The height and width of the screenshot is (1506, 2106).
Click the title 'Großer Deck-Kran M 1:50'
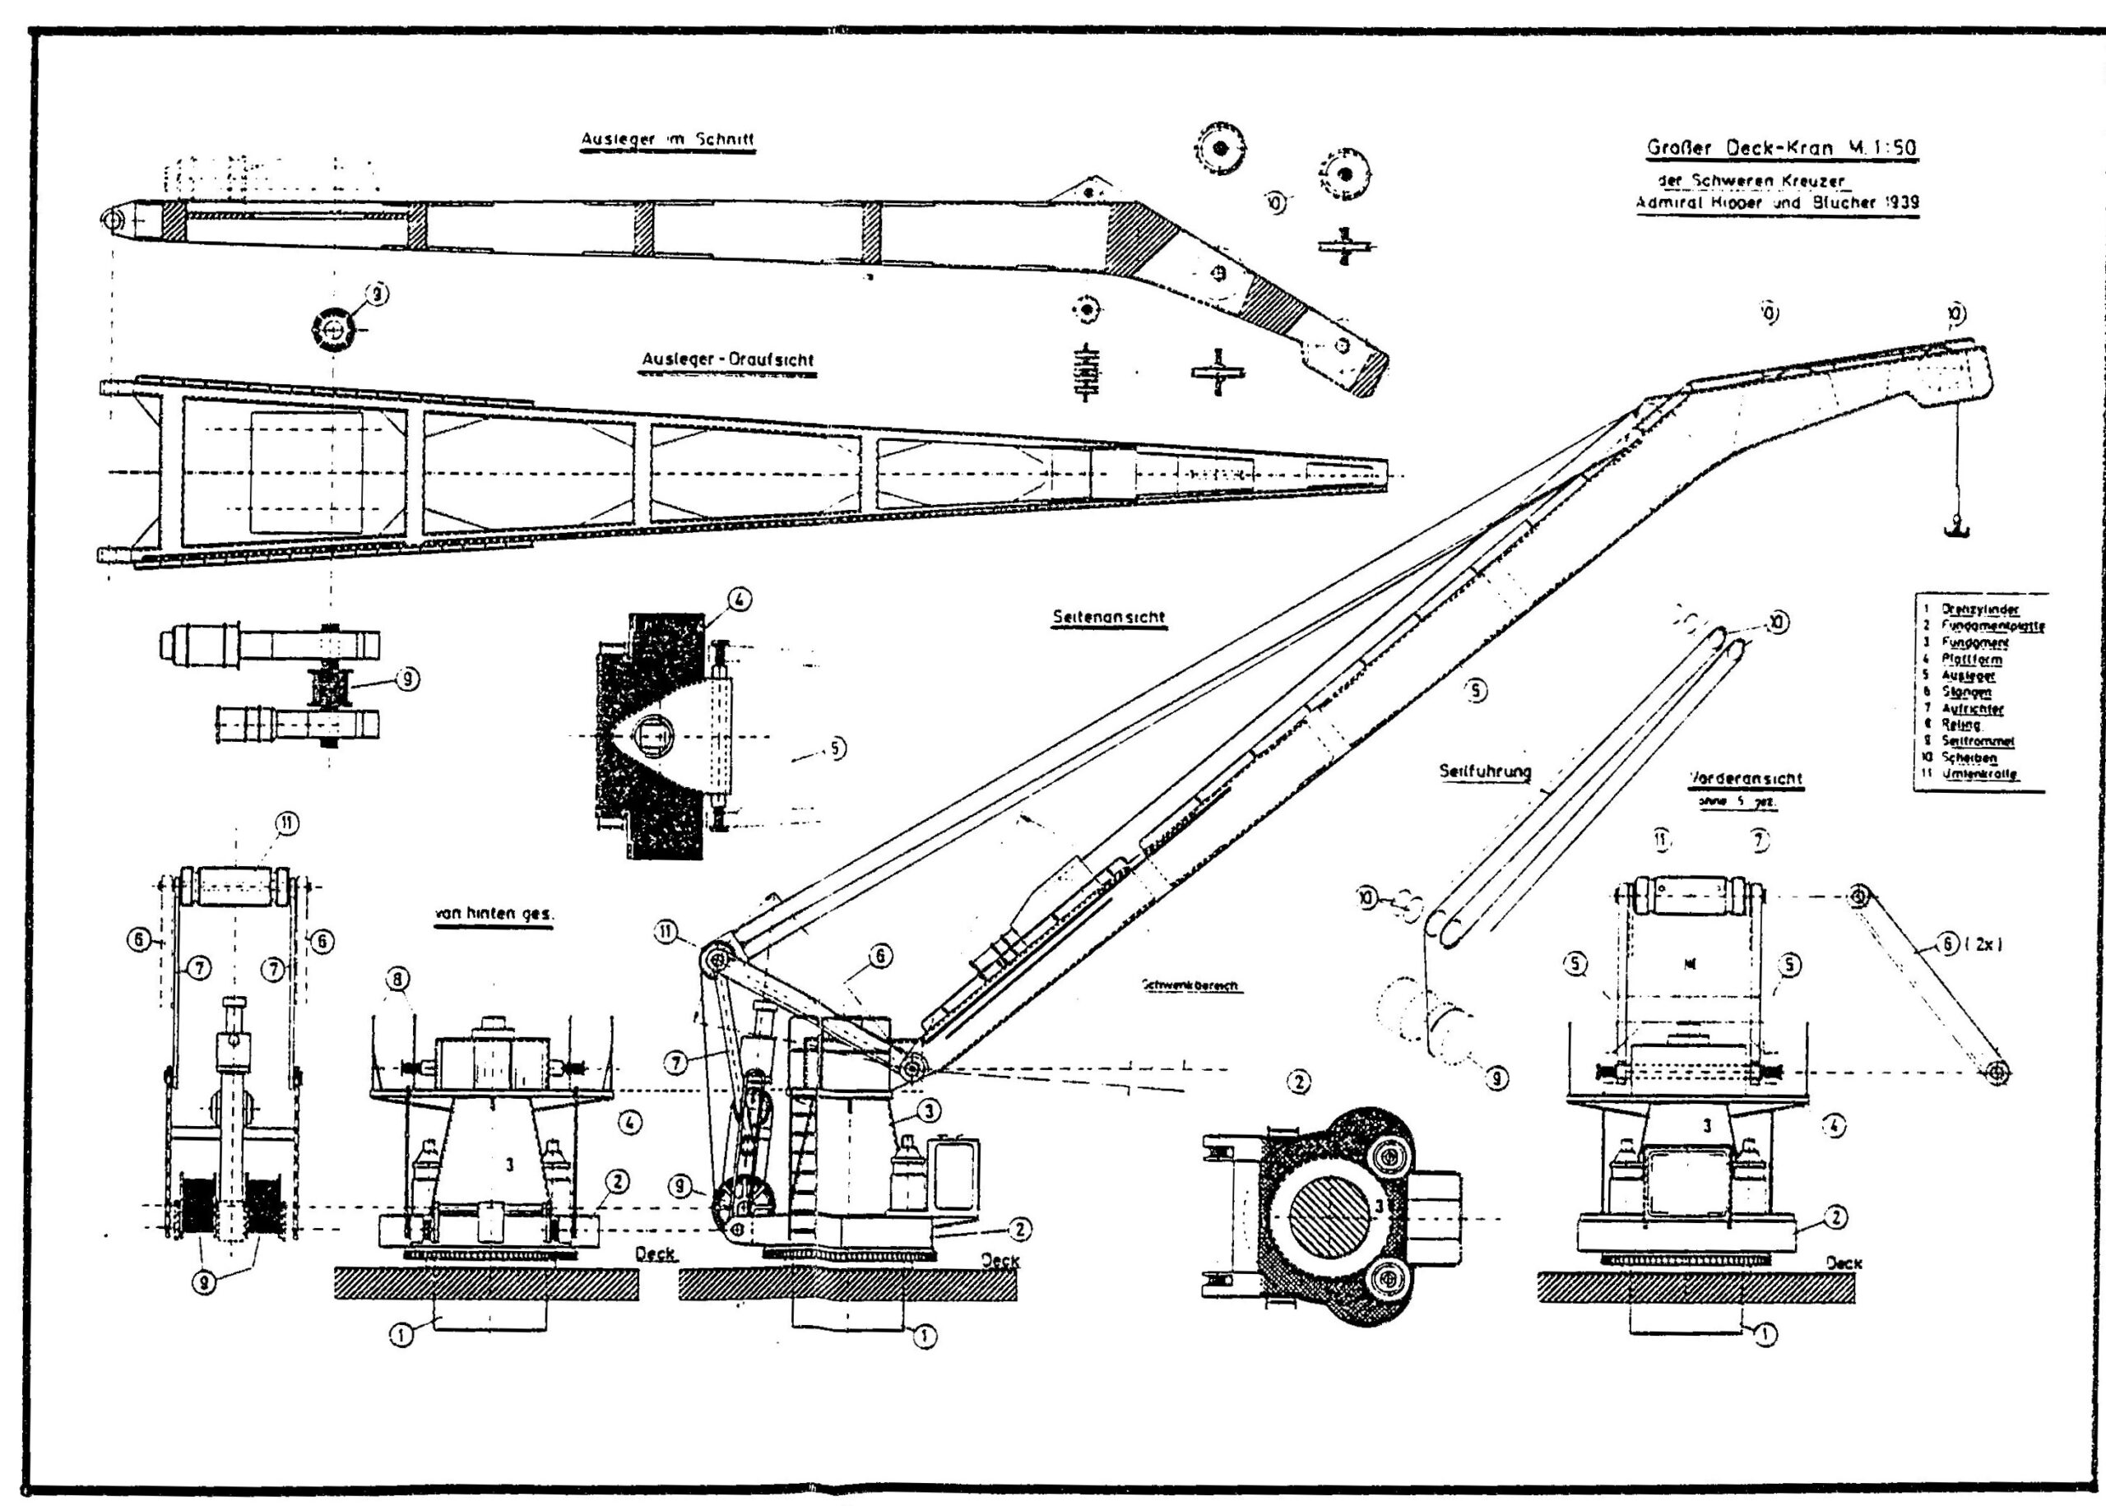[x=1781, y=147]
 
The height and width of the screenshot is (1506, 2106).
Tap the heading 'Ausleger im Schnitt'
[x=666, y=140]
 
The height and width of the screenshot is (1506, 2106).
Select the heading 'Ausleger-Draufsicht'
[x=728, y=359]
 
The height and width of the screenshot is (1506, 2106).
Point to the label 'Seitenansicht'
[x=1108, y=617]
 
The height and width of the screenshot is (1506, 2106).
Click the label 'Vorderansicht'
[x=1745, y=778]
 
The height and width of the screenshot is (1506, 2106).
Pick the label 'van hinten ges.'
[x=494, y=914]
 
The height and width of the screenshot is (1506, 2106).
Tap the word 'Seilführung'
[x=1485, y=771]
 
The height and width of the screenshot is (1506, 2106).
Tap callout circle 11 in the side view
[x=666, y=932]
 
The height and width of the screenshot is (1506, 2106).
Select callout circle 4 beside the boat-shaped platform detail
[x=739, y=600]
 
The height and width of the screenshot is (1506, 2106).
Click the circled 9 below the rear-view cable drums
[x=205, y=1285]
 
